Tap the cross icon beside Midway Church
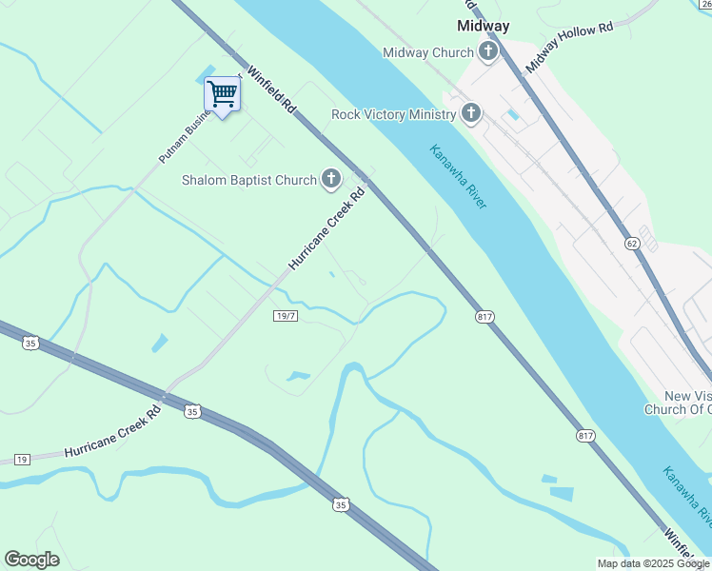point(488,51)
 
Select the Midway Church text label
point(427,52)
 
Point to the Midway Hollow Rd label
point(568,46)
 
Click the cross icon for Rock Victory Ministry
point(470,114)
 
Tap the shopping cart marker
point(223,94)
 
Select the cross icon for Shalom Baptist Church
point(330,179)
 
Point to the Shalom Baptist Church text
point(249,180)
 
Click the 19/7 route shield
point(286,316)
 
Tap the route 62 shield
point(632,244)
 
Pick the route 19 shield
point(22,459)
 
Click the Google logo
point(31,560)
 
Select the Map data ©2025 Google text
point(652,563)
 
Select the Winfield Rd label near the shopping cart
point(273,91)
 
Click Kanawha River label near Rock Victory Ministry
point(458,177)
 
